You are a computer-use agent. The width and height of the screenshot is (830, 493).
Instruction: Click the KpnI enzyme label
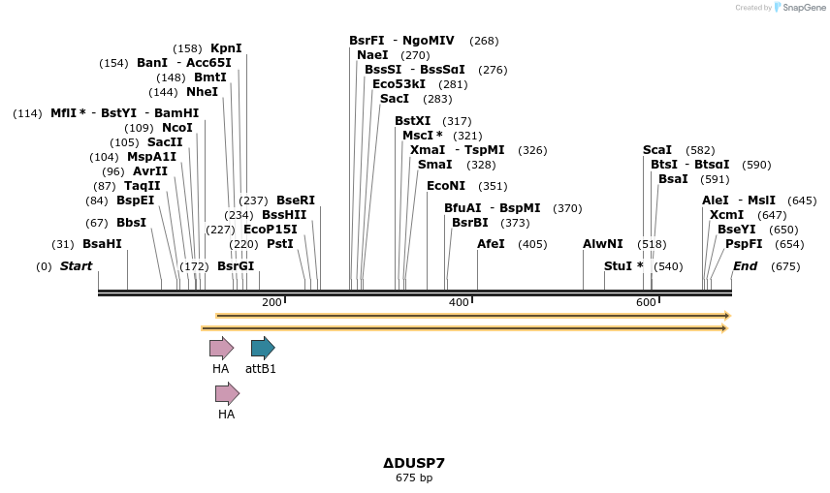[x=226, y=48]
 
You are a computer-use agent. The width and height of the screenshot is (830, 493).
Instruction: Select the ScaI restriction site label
[x=657, y=150]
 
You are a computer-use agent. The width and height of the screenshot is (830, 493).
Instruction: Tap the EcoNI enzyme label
[x=446, y=186]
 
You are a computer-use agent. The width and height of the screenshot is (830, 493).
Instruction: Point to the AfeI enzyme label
[x=491, y=244]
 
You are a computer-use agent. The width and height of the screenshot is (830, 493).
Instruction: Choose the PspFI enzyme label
[x=744, y=244]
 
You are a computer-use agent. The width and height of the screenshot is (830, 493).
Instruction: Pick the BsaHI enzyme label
[x=102, y=244]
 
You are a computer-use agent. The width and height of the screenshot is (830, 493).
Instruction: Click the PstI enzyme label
[x=280, y=244]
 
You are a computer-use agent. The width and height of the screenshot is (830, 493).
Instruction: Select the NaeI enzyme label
[x=372, y=55]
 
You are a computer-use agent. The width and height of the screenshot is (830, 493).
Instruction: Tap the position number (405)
[x=532, y=244]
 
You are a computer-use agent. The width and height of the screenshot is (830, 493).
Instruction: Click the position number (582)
[x=700, y=150]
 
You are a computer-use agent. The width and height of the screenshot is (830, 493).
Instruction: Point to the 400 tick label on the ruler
[x=459, y=303]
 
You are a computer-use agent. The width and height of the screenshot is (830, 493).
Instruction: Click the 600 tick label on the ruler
[x=646, y=303]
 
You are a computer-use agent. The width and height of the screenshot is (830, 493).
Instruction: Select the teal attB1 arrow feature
[x=263, y=348]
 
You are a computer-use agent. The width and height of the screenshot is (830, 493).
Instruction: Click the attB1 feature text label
[x=261, y=369]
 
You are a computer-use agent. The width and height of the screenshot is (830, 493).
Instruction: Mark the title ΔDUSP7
[x=414, y=463]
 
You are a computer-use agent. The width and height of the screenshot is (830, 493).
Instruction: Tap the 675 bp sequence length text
[x=414, y=478]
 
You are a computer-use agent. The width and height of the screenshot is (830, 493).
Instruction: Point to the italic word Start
[x=77, y=266]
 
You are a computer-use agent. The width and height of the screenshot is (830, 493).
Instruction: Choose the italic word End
[x=746, y=266]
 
